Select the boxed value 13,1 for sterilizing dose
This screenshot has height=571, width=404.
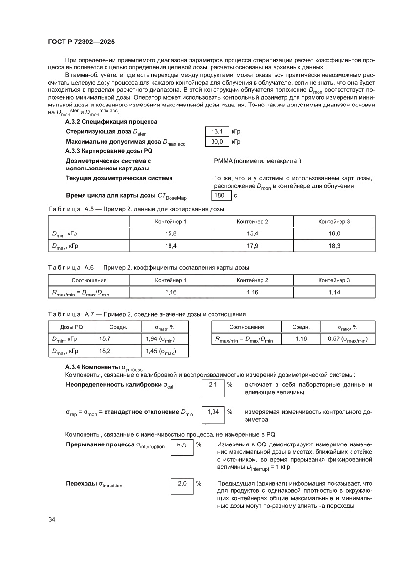[x=217, y=132]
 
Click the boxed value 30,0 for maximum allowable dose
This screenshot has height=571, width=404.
[x=217, y=142]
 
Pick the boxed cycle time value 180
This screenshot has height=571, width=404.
[x=220, y=196]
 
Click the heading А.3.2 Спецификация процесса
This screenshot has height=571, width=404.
[x=111, y=121]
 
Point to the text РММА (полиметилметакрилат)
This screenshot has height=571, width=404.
[x=258, y=161]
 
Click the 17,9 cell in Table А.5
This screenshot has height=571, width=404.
[x=253, y=246]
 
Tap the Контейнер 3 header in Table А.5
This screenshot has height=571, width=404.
[x=334, y=222]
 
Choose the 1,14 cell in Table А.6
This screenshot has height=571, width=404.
[x=334, y=292]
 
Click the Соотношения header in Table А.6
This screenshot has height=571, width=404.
[x=89, y=280]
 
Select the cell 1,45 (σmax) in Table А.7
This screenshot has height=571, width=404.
[x=161, y=351]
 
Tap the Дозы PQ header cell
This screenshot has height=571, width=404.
[x=70, y=327]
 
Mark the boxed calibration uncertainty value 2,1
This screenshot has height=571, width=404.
[x=213, y=385]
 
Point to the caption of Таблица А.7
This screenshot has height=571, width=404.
[x=147, y=314]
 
